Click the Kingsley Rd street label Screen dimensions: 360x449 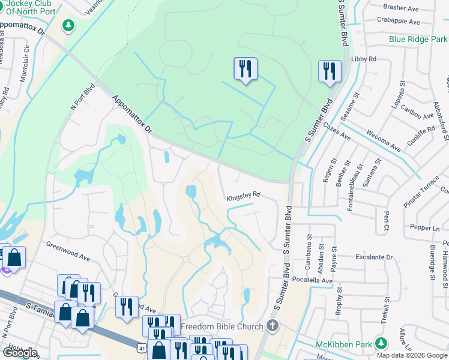pos(243,195)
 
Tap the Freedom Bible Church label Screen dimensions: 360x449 pos(222,326)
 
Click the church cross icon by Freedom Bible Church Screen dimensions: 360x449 pos(273,326)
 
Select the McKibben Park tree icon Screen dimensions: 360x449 pos(380,343)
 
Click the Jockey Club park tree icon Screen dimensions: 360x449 pos(69,26)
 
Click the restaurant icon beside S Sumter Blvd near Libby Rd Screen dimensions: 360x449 pos(330,71)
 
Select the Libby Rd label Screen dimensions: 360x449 pos(364,59)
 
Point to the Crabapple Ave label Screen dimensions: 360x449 pos(399,21)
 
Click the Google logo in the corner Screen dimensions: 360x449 pos(20,353)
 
